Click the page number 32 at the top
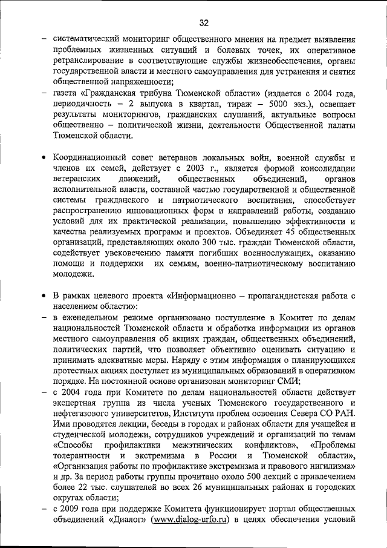pos(203,23)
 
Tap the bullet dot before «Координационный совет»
pos(44,158)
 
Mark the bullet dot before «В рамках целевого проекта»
pos(44,295)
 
